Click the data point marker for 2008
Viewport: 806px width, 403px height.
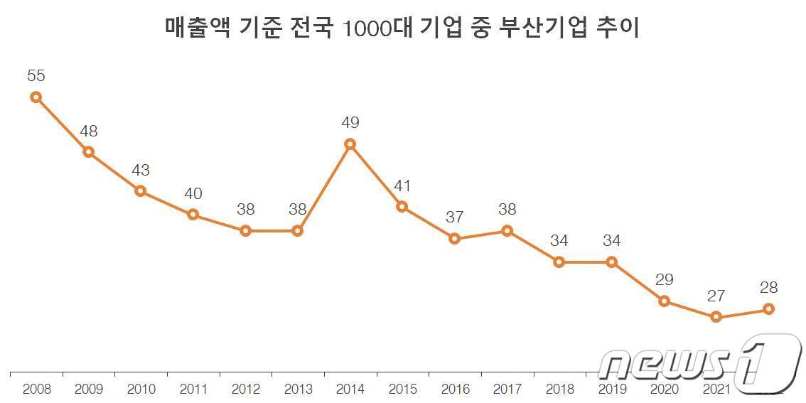click(x=36, y=97)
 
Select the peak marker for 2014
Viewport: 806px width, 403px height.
click(x=350, y=144)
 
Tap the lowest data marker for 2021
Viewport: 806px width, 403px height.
click(x=716, y=317)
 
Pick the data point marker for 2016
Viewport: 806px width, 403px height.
click(x=455, y=239)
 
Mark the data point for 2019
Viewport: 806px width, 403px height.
click(x=611, y=262)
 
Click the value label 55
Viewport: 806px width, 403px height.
click(x=36, y=75)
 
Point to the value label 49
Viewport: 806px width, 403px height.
click(x=350, y=123)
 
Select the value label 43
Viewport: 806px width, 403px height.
click(x=141, y=170)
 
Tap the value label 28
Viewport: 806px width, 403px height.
click(x=768, y=288)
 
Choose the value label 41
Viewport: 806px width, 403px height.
click(x=402, y=186)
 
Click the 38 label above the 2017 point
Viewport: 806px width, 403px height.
click(x=507, y=210)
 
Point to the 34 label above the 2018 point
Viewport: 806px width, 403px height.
click(x=559, y=241)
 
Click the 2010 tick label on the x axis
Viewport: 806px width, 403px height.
click(x=141, y=389)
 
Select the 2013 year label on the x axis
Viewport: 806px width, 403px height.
click(x=298, y=389)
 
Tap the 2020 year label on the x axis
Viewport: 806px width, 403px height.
click(x=664, y=389)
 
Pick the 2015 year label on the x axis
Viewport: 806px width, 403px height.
click(x=402, y=389)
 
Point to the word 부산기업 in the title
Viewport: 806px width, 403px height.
click(x=553, y=28)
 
